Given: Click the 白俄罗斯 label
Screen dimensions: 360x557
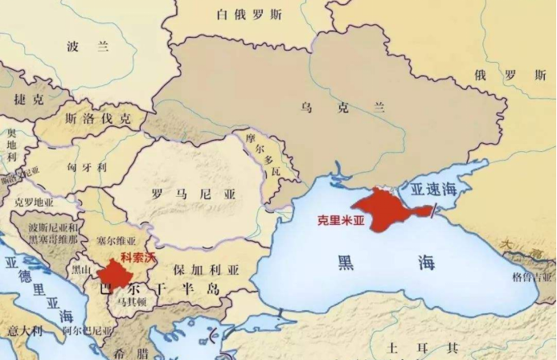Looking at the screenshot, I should click(249, 14).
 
